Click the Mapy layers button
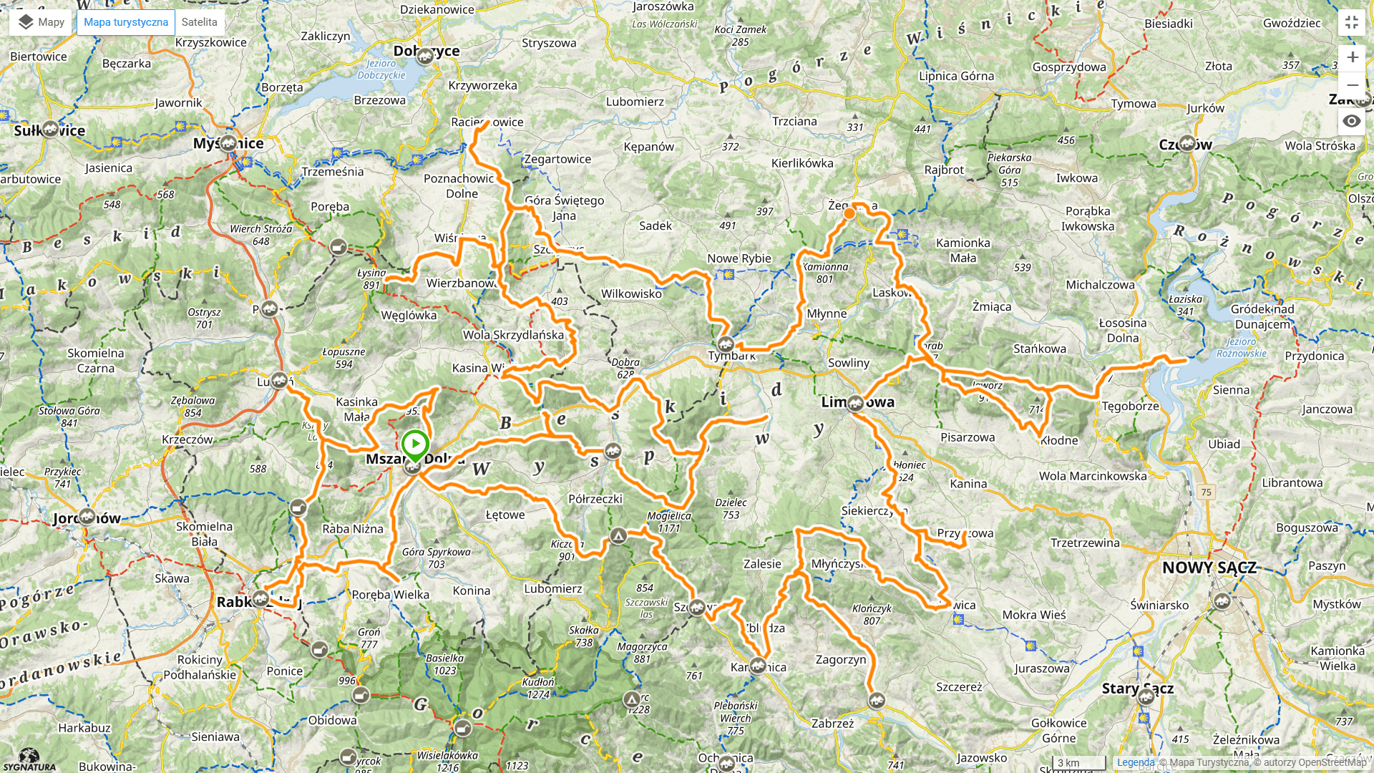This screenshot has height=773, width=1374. [41, 22]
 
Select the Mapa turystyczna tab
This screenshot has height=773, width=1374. [126, 22]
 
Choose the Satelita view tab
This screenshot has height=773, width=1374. [199, 22]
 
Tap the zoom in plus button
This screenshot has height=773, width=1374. [1352, 57]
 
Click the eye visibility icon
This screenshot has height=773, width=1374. [1351, 121]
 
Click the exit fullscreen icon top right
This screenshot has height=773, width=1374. [1351, 22]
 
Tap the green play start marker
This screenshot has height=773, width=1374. [415, 444]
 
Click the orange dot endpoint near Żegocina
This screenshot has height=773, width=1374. [849, 213]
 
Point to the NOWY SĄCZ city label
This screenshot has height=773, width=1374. [1209, 568]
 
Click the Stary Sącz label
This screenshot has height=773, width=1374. [1137, 689]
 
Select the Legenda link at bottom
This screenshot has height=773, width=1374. [1136, 762]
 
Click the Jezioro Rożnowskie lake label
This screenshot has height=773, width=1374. [1241, 348]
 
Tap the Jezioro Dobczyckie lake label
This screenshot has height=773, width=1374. [381, 69]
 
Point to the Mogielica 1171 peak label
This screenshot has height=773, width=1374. [669, 522]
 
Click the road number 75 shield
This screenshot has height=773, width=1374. [1207, 492]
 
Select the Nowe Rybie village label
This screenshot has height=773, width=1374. [739, 258]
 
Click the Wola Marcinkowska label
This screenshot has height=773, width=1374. [1093, 476]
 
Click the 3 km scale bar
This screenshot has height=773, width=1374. [1078, 763]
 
